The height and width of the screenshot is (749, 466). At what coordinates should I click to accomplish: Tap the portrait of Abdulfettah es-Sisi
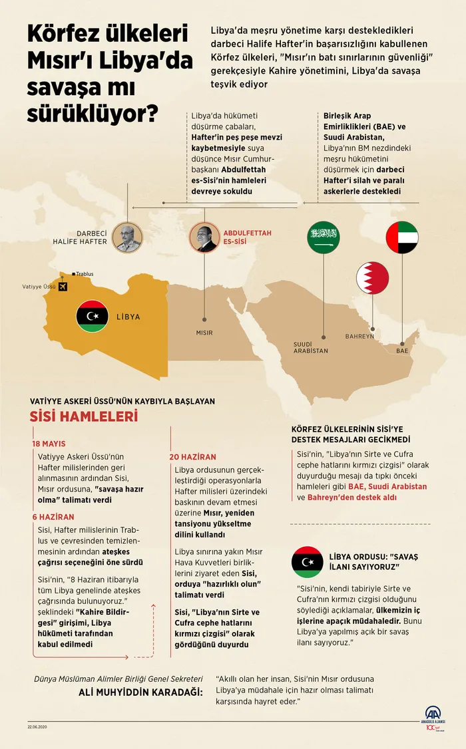coord(204,237)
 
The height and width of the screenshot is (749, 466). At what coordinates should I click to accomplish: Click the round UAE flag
coord(402,237)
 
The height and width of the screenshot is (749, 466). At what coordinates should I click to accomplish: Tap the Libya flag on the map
coord(93,317)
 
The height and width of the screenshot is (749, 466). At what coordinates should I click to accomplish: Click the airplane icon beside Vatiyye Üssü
coord(63,287)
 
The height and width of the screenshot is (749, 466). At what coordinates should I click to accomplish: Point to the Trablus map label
coord(84,273)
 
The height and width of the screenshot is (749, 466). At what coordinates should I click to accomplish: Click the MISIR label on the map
coord(204,331)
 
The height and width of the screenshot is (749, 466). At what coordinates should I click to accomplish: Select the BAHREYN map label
coord(359,336)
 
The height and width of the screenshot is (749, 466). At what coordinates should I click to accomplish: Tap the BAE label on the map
coord(402,349)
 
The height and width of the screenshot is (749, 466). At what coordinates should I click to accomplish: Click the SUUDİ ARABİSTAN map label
coord(311,347)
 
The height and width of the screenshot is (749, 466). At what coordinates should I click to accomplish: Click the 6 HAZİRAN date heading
coord(53,516)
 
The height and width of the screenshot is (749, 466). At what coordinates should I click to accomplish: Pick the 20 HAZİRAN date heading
coord(192,457)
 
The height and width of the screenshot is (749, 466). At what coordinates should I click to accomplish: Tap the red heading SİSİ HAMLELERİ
coord(83,417)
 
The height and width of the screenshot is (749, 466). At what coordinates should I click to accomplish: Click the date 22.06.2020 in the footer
coord(37,726)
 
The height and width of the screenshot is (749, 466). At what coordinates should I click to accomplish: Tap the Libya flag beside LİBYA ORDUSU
coord(308,561)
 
